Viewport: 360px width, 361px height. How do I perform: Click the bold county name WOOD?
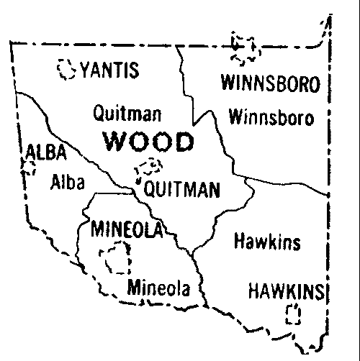coord(149,142)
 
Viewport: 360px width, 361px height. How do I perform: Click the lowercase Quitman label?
coord(127,114)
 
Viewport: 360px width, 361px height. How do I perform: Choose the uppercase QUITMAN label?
coord(181,190)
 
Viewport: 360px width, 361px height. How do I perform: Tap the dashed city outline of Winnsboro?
coord(243,47)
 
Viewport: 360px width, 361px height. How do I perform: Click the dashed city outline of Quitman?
coord(150,170)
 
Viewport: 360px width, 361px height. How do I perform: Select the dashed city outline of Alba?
coord(29,168)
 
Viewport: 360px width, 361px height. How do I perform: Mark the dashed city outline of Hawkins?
coord(292,314)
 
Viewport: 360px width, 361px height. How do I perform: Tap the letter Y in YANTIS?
coord(86,71)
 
